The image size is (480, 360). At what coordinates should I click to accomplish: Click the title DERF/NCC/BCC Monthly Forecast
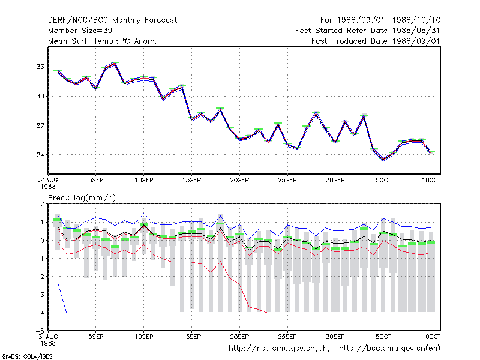pyautogui.click(x=112, y=20)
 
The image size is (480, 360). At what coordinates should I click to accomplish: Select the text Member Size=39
pyautogui.click(x=80, y=31)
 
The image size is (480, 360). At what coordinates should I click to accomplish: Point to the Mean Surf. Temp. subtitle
pyautogui.click(x=102, y=41)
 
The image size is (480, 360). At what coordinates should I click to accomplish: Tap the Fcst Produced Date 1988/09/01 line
pyautogui.click(x=376, y=41)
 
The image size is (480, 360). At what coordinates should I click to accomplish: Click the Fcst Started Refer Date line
pyautogui.click(x=368, y=31)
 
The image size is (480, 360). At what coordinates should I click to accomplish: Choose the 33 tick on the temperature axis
pyautogui.click(x=40, y=67)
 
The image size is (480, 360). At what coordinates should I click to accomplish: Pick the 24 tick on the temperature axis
pyautogui.click(x=40, y=155)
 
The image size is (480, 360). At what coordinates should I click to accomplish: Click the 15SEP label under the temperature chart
pyautogui.click(x=191, y=181)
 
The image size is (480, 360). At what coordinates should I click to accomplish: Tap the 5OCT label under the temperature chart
pyautogui.click(x=383, y=181)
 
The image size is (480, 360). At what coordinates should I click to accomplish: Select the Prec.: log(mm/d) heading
pyautogui.click(x=82, y=198)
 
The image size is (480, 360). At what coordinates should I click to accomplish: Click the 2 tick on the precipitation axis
pyautogui.click(x=42, y=204)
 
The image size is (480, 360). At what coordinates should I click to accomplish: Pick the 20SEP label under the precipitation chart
pyautogui.click(x=239, y=337)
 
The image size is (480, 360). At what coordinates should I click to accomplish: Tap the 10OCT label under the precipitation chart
pyautogui.click(x=431, y=337)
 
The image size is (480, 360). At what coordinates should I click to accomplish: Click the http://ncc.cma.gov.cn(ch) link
pyautogui.click(x=279, y=349)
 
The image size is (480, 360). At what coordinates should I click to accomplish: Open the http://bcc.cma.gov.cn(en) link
pyautogui.click(x=389, y=349)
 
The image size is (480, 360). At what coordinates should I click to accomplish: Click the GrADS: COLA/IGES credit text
pyautogui.click(x=27, y=356)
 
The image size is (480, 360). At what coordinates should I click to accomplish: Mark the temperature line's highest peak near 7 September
pyautogui.click(x=115, y=63)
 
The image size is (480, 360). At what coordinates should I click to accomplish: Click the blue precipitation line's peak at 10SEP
pyautogui.click(x=144, y=214)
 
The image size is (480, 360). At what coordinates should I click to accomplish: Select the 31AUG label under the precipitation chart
pyautogui.click(x=48, y=340)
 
